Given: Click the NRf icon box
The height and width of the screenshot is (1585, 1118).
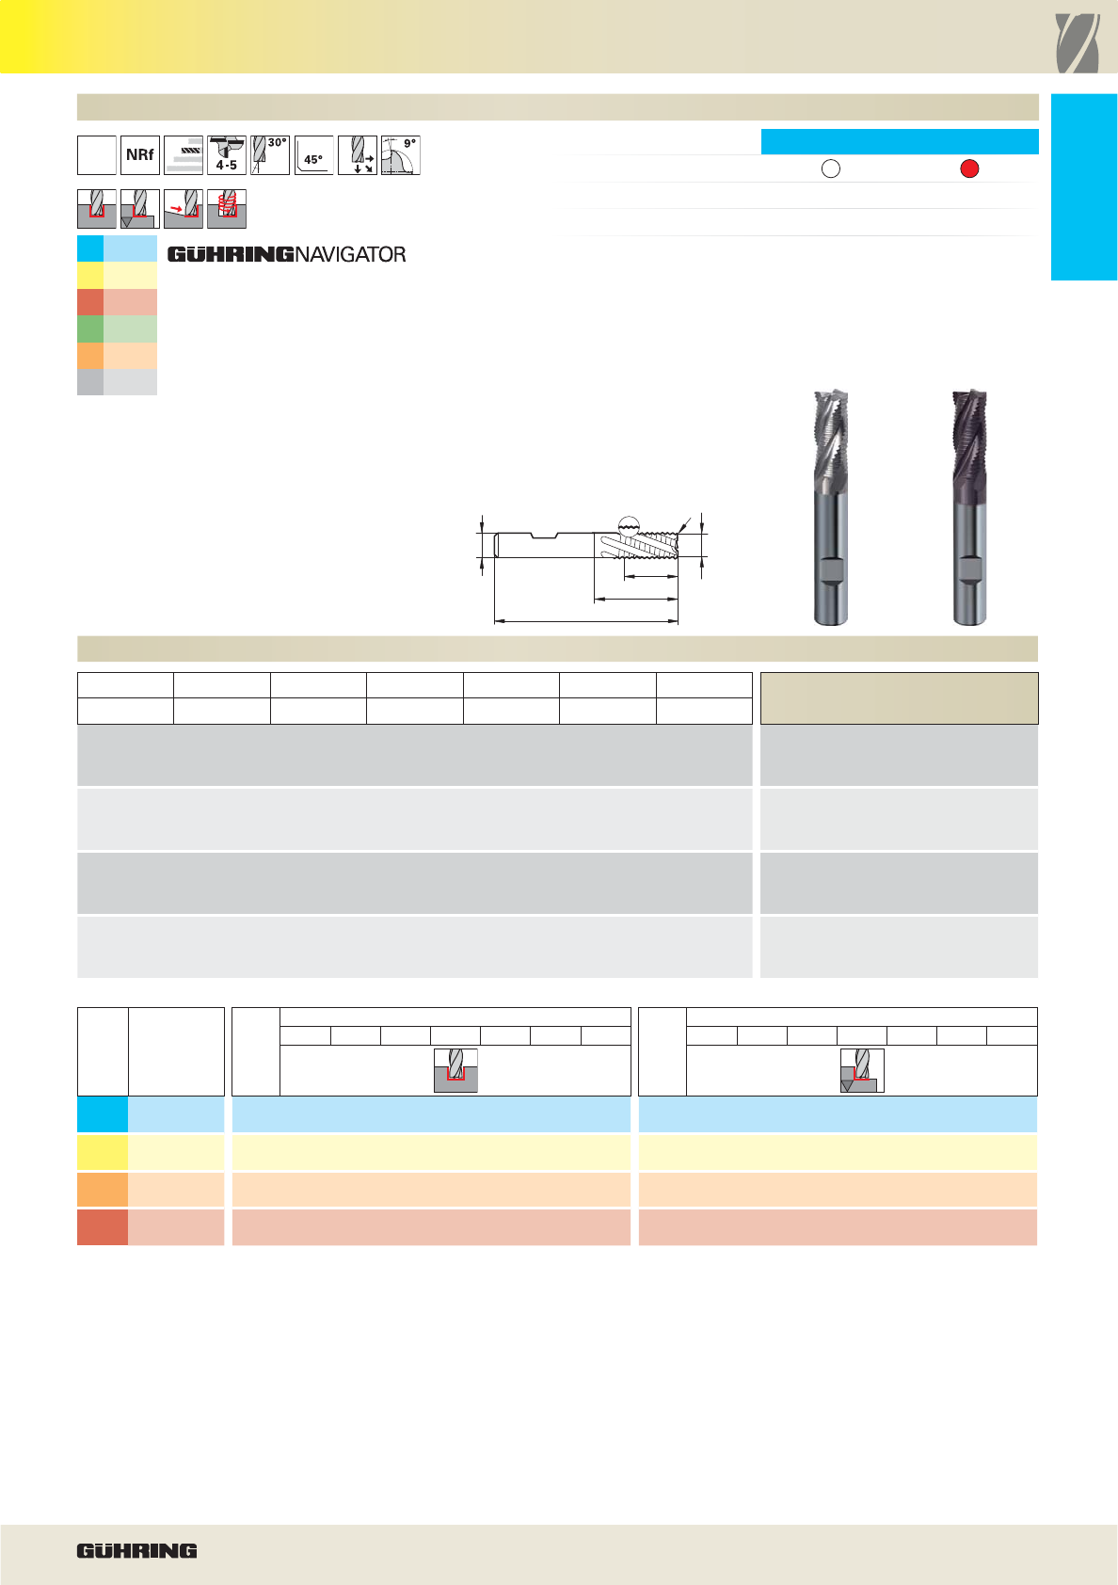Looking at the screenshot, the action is pyautogui.click(x=140, y=155).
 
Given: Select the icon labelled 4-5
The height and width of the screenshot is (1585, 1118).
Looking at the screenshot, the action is pyautogui.click(x=227, y=155).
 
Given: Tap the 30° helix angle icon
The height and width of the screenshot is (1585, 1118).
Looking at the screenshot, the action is pyautogui.click(x=269, y=155).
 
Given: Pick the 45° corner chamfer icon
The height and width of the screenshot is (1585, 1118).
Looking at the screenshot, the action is pyautogui.click(x=313, y=155).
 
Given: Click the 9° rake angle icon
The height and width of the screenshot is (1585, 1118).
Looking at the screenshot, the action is pyautogui.click(x=401, y=155).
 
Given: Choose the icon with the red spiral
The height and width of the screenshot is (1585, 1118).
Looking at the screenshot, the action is pyautogui.click(x=227, y=209).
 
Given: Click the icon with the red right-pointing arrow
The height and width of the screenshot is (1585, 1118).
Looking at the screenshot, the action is pyautogui.click(x=184, y=209).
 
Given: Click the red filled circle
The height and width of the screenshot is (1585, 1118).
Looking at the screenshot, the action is pyautogui.click(x=969, y=168).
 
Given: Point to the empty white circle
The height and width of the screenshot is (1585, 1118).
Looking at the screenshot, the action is pyautogui.click(x=831, y=168).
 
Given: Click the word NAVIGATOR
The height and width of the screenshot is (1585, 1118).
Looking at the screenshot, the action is pyautogui.click(x=350, y=254).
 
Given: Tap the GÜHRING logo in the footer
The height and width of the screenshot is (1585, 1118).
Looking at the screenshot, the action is pyautogui.click(x=136, y=1551).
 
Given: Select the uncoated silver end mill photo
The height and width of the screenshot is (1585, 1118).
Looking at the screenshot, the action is pyautogui.click(x=831, y=507).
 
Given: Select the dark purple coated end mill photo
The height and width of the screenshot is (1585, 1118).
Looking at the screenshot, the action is pyautogui.click(x=969, y=507).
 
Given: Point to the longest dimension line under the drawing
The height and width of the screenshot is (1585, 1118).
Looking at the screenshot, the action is pyautogui.click(x=586, y=621).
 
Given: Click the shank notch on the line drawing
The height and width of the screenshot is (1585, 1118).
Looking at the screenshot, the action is pyautogui.click(x=545, y=536).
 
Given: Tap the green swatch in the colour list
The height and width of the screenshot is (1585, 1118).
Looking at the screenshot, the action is pyautogui.click(x=117, y=329).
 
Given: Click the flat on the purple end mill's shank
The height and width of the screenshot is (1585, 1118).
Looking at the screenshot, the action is pyautogui.click(x=969, y=569).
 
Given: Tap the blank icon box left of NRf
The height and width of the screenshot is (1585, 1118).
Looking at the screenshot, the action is pyautogui.click(x=96, y=155).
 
